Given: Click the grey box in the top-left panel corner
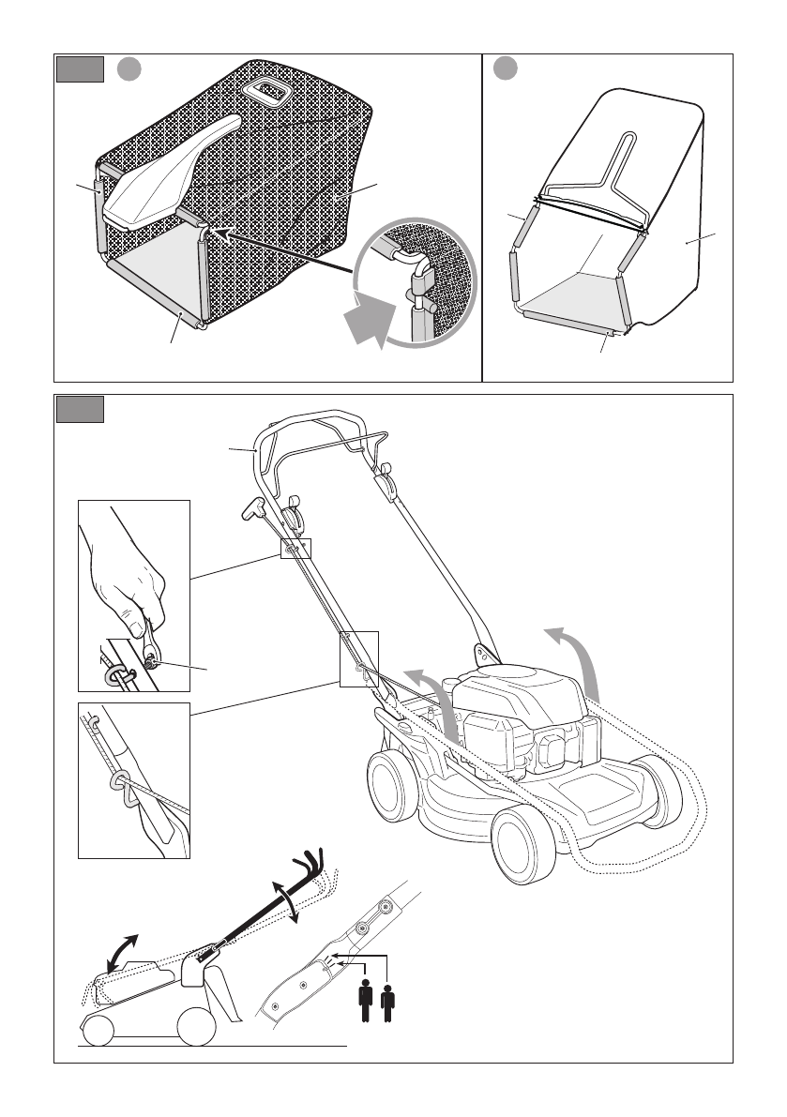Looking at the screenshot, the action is (80, 69).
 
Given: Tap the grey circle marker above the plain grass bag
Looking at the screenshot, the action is (506, 68).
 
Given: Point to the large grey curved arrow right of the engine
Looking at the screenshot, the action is (578, 665).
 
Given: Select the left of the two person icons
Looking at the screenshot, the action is (366, 1002).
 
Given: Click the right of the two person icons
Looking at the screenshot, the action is (388, 1002).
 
